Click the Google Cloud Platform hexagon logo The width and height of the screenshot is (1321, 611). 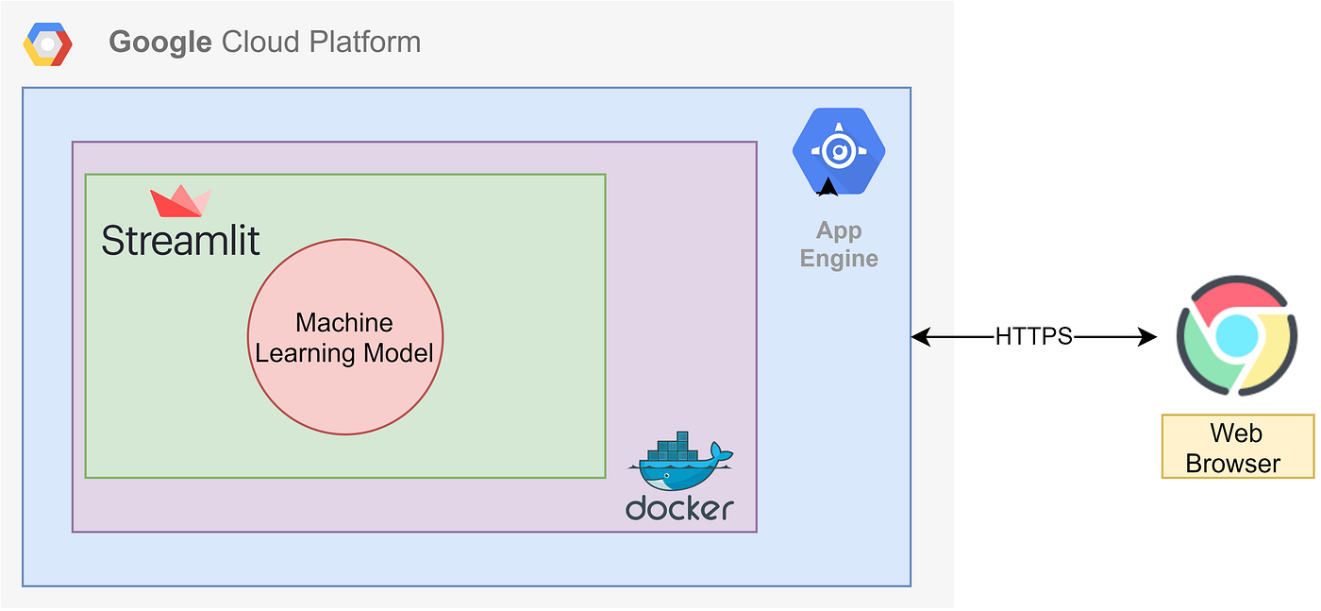click(47, 44)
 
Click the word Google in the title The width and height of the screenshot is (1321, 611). click(160, 42)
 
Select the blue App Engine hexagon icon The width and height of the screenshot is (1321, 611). click(838, 151)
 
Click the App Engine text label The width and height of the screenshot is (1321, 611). click(839, 245)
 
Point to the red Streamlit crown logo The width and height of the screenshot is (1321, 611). click(180, 202)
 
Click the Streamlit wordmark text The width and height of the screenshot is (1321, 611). click(180, 241)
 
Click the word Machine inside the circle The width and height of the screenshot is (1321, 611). click(344, 323)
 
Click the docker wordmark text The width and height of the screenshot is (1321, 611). click(679, 509)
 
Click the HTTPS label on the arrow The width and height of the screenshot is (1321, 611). click(1033, 337)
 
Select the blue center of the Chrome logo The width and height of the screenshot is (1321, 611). click(1236, 335)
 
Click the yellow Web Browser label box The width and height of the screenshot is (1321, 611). click(1237, 448)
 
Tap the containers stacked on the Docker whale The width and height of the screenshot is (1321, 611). click(674, 447)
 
